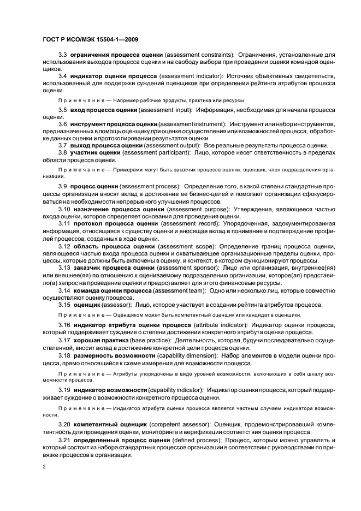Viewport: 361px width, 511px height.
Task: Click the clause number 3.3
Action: (x=63, y=56)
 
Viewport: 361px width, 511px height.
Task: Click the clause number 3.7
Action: (x=63, y=145)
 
